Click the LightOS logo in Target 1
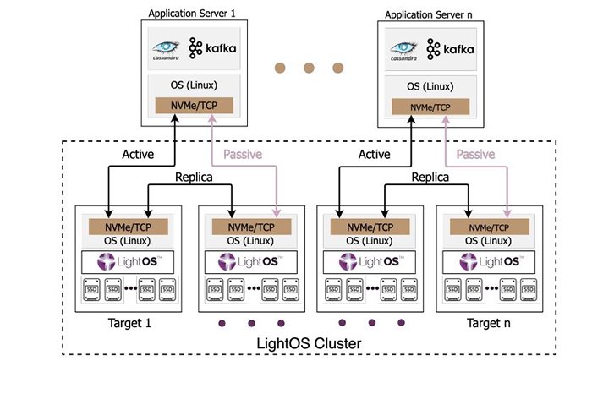(x=127, y=262)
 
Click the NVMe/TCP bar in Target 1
(x=127, y=227)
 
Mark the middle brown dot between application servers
(x=308, y=67)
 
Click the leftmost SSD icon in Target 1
(x=91, y=290)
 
